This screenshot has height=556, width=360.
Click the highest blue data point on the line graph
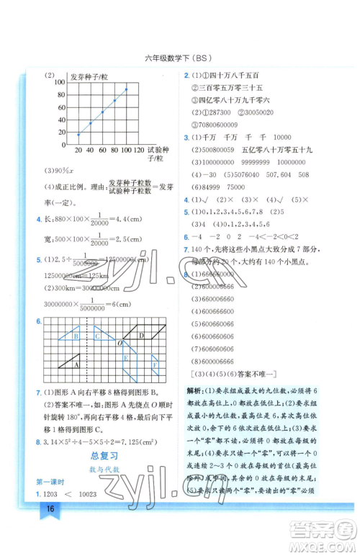(x=127, y=89)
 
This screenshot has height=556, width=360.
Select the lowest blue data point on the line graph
(x=78, y=135)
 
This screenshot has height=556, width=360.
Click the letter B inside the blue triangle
(x=75, y=334)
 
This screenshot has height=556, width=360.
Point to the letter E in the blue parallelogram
(x=125, y=357)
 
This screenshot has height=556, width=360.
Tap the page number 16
(x=50, y=508)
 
